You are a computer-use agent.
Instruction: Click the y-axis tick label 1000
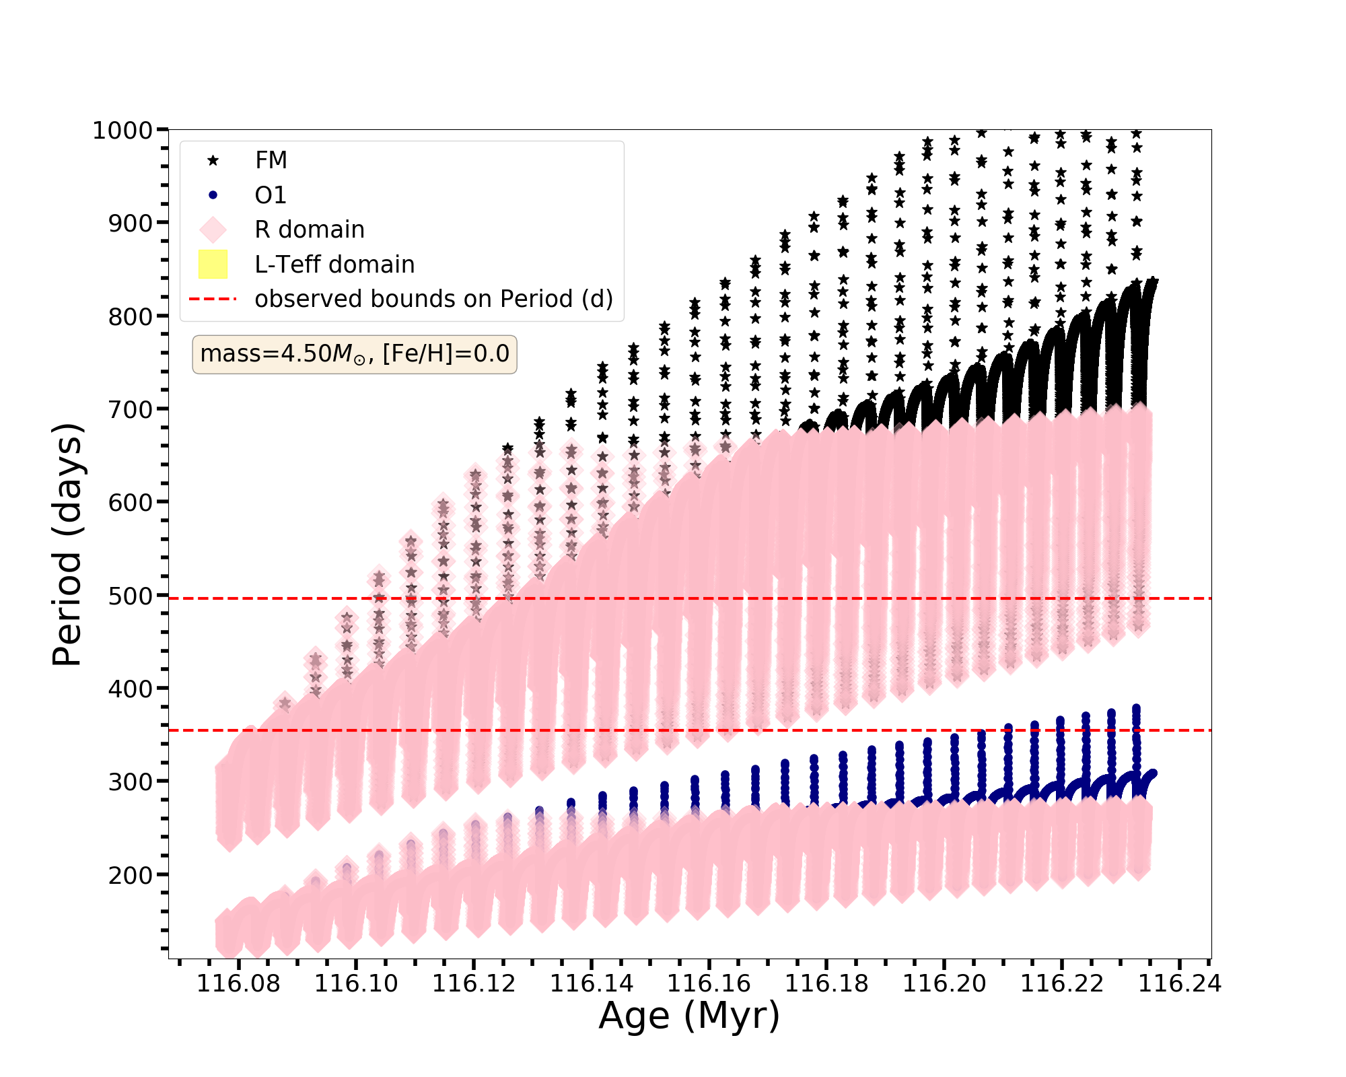122,130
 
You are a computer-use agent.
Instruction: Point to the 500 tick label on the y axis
130,596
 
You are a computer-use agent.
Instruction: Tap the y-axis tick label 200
130,875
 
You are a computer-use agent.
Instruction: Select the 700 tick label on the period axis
130,409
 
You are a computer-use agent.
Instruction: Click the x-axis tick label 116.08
238,984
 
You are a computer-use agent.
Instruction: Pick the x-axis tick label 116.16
709,984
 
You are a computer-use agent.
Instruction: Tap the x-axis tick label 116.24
1179,984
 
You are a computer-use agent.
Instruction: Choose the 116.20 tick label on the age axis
944,984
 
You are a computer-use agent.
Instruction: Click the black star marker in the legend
213,160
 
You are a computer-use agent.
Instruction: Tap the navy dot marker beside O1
213,195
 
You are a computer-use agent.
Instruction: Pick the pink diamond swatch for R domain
213,230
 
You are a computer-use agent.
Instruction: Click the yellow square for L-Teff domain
213,265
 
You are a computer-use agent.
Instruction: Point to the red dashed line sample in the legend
213,299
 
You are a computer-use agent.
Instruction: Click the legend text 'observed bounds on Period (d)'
433,299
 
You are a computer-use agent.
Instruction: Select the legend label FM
271,160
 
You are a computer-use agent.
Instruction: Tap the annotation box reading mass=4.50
355,354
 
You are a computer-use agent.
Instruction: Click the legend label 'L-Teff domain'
334,265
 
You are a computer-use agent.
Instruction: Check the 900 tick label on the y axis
130,223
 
